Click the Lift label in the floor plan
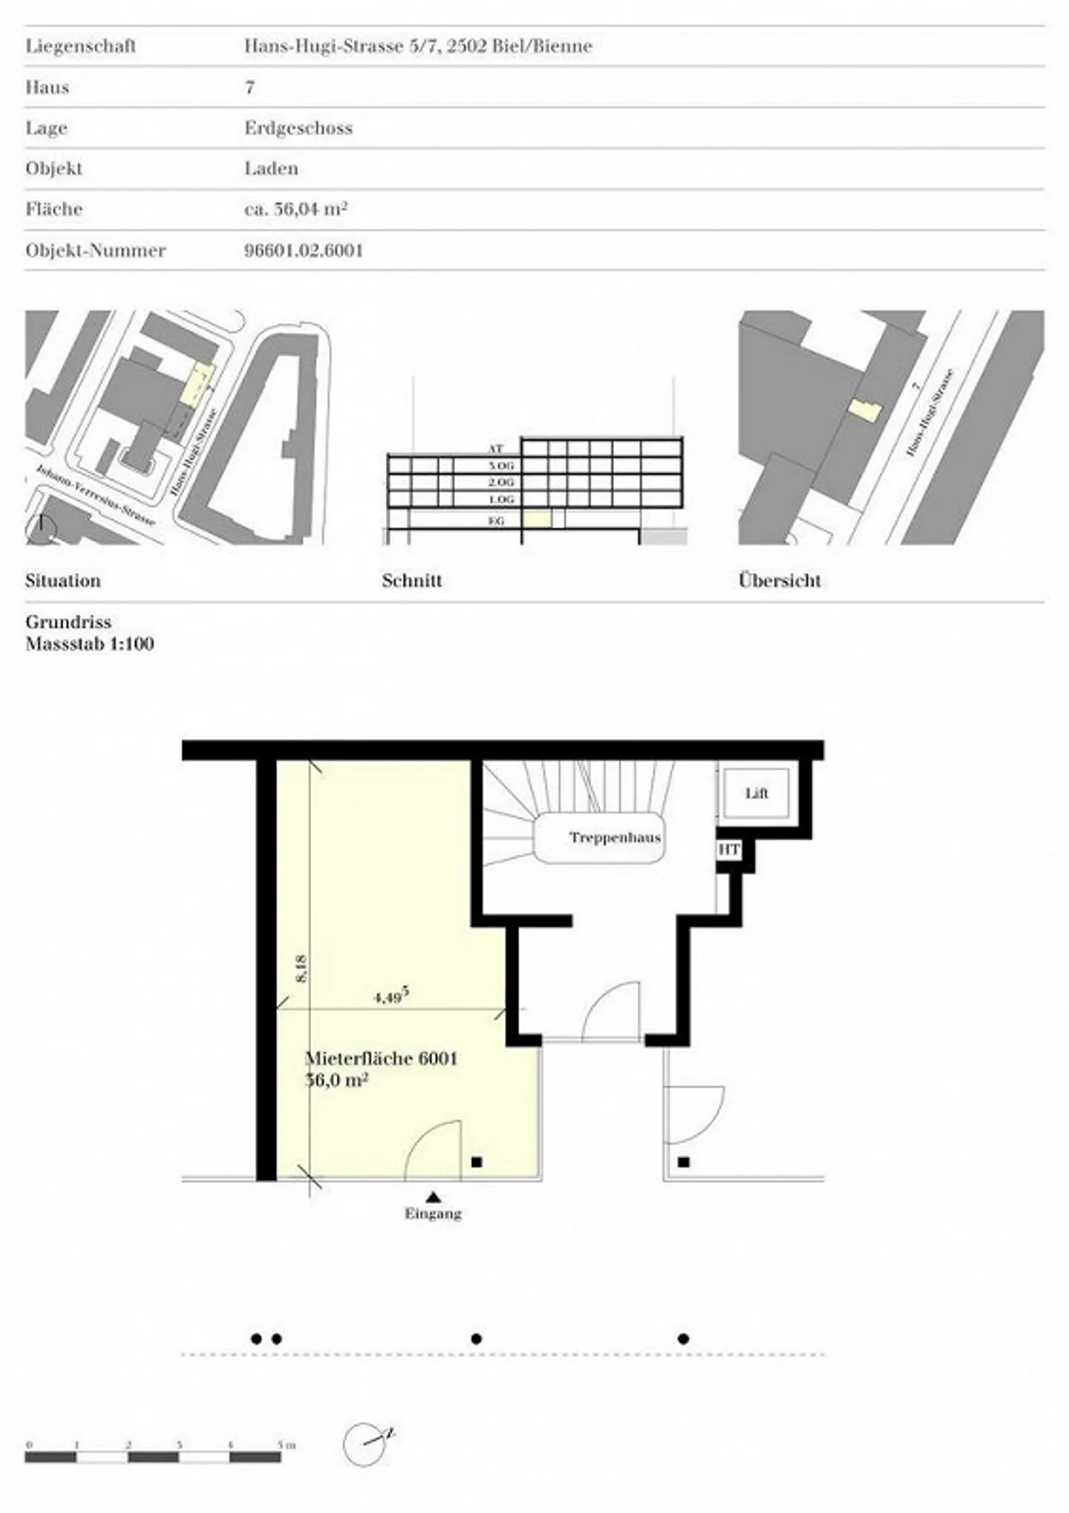[756, 793]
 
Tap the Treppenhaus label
[615, 838]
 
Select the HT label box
[728, 849]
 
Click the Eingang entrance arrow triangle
[434, 1196]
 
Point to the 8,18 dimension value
[301, 968]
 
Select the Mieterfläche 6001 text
[382, 1058]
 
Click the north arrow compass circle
[365, 1444]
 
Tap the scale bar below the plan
[153, 1457]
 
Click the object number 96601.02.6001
[304, 250]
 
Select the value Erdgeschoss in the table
[298, 128]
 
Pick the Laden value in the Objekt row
[271, 168]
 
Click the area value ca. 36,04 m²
[296, 209]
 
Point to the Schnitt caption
[412, 580]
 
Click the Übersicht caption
[779, 580]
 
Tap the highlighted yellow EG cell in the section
[537, 519]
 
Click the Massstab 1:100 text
[90, 643]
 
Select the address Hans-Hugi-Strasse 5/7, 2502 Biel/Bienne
[418, 46]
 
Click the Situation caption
[63, 580]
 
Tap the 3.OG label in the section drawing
[500, 465]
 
